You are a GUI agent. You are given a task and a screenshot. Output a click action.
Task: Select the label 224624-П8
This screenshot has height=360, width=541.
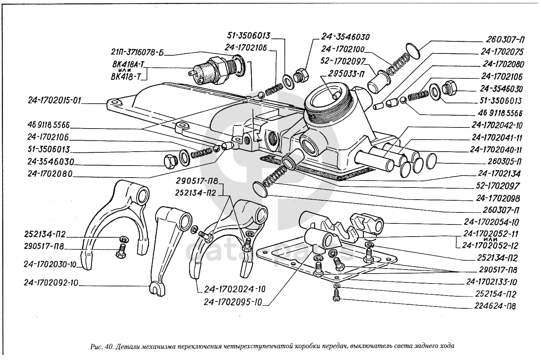tap(494, 306)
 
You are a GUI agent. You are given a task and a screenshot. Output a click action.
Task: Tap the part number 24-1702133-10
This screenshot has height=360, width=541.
tap(491, 282)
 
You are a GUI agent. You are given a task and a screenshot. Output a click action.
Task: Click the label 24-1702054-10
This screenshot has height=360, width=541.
tap(491, 222)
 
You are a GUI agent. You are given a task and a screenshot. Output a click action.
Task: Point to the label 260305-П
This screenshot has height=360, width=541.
tap(504, 162)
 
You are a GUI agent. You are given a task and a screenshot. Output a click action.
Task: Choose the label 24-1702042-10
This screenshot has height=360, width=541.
tap(497, 126)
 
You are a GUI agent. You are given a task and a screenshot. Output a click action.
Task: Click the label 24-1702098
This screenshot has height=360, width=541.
tap(498, 198)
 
